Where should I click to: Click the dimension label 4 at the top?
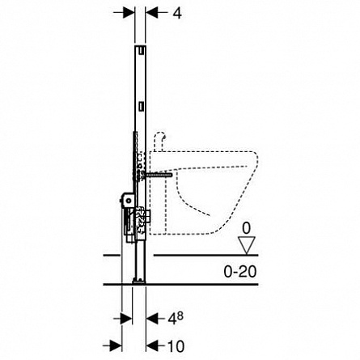pos(177,13)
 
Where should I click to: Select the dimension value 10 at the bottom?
pos(176,346)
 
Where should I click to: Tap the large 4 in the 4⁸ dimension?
pos(172,320)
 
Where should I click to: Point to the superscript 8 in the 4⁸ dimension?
pos(180,316)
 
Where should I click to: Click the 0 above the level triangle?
pos(246,228)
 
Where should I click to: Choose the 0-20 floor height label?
pos(240,271)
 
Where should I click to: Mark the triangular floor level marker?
pos(247,245)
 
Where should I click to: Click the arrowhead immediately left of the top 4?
pos(152,12)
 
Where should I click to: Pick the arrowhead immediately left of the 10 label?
pos(152,345)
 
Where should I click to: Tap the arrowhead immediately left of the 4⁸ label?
pos(152,319)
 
